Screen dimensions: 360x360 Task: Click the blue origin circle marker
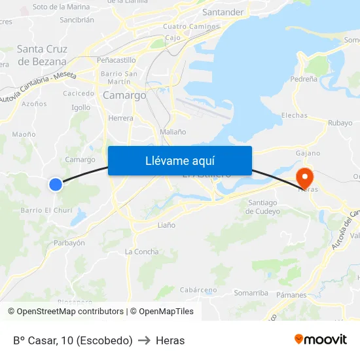(x=56, y=185)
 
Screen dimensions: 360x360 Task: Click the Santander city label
(x=223, y=12)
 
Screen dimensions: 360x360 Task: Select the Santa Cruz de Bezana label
(x=42, y=55)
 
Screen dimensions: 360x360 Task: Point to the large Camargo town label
(x=124, y=96)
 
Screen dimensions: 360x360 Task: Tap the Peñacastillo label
(x=116, y=60)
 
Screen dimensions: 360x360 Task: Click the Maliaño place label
(x=173, y=132)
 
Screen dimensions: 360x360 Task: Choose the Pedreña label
(x=304, y=79)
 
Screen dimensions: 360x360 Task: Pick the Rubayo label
(x=340, y=122)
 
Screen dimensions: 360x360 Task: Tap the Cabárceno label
(x=198, y=290)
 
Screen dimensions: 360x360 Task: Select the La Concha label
(x=141, y=252)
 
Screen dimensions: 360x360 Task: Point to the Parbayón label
(x=69, y=243)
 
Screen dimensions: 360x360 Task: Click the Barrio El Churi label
(x=46, y=210)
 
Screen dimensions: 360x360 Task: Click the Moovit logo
(x=321, y=340)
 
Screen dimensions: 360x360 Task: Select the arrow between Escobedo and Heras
(x=144, y=340)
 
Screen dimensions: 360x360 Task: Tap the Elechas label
(x=294, y=115)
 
